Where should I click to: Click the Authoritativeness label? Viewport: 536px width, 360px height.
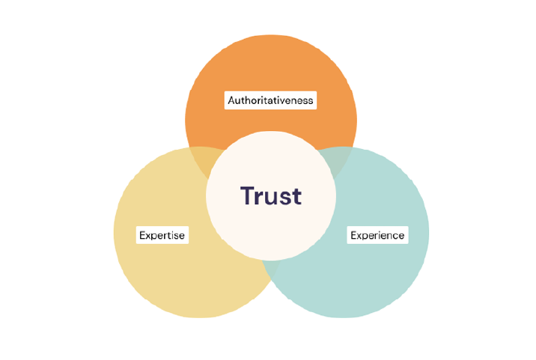click(270, 100)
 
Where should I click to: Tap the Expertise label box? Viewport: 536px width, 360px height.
click(162, 235)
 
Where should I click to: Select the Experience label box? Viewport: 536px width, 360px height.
click(378, 235)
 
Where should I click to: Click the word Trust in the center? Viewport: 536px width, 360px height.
click(271, 196)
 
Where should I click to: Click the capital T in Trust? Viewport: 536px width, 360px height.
click(248, 196)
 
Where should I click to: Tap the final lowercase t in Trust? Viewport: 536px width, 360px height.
click(296, 196)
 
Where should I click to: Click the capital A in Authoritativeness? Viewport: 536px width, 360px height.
click(231, 100)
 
